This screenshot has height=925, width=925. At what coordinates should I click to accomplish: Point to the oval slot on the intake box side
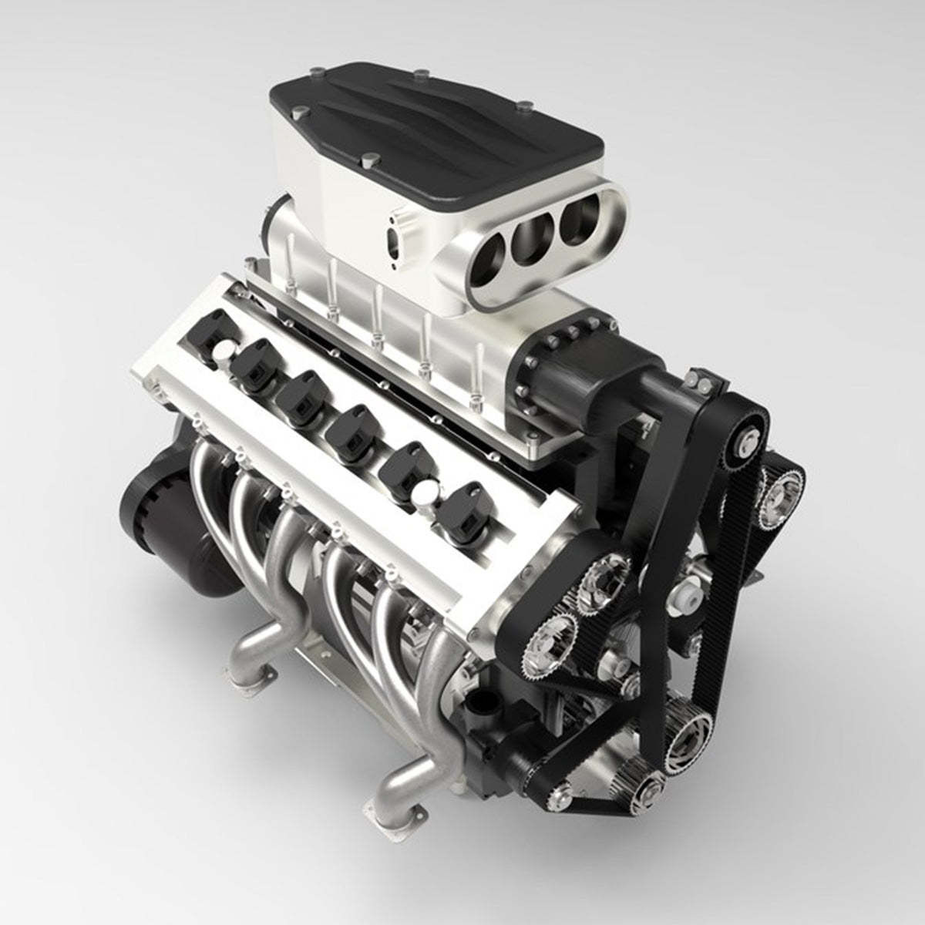pyautogui.click(x=398, y=231)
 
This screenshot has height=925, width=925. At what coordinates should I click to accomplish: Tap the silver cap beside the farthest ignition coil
pyautogui.click(x=224, y=352)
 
